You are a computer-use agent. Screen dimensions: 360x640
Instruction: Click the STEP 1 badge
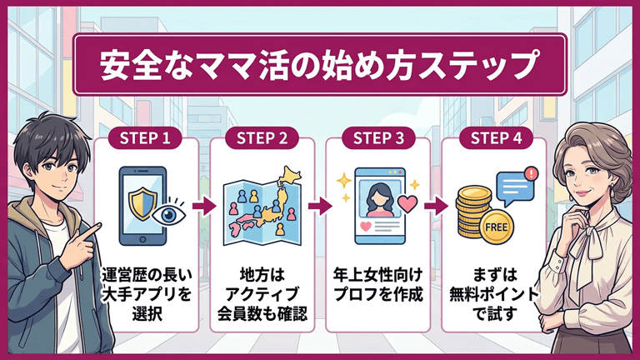(x=146, y=137)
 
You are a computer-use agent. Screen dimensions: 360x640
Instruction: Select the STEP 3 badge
(x=377, y=137)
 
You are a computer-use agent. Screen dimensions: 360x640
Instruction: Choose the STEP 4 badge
(x=493, y=137)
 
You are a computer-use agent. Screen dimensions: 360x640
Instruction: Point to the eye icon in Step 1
(x=170, y=212)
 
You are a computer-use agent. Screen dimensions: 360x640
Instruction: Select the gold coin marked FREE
(x=497, y=226)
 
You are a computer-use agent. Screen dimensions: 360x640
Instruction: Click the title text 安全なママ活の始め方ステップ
(x=320, y=64)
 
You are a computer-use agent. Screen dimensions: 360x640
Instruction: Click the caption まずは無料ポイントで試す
(x=493, y=295)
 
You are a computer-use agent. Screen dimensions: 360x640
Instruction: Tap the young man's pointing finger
(x=99, y=227)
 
